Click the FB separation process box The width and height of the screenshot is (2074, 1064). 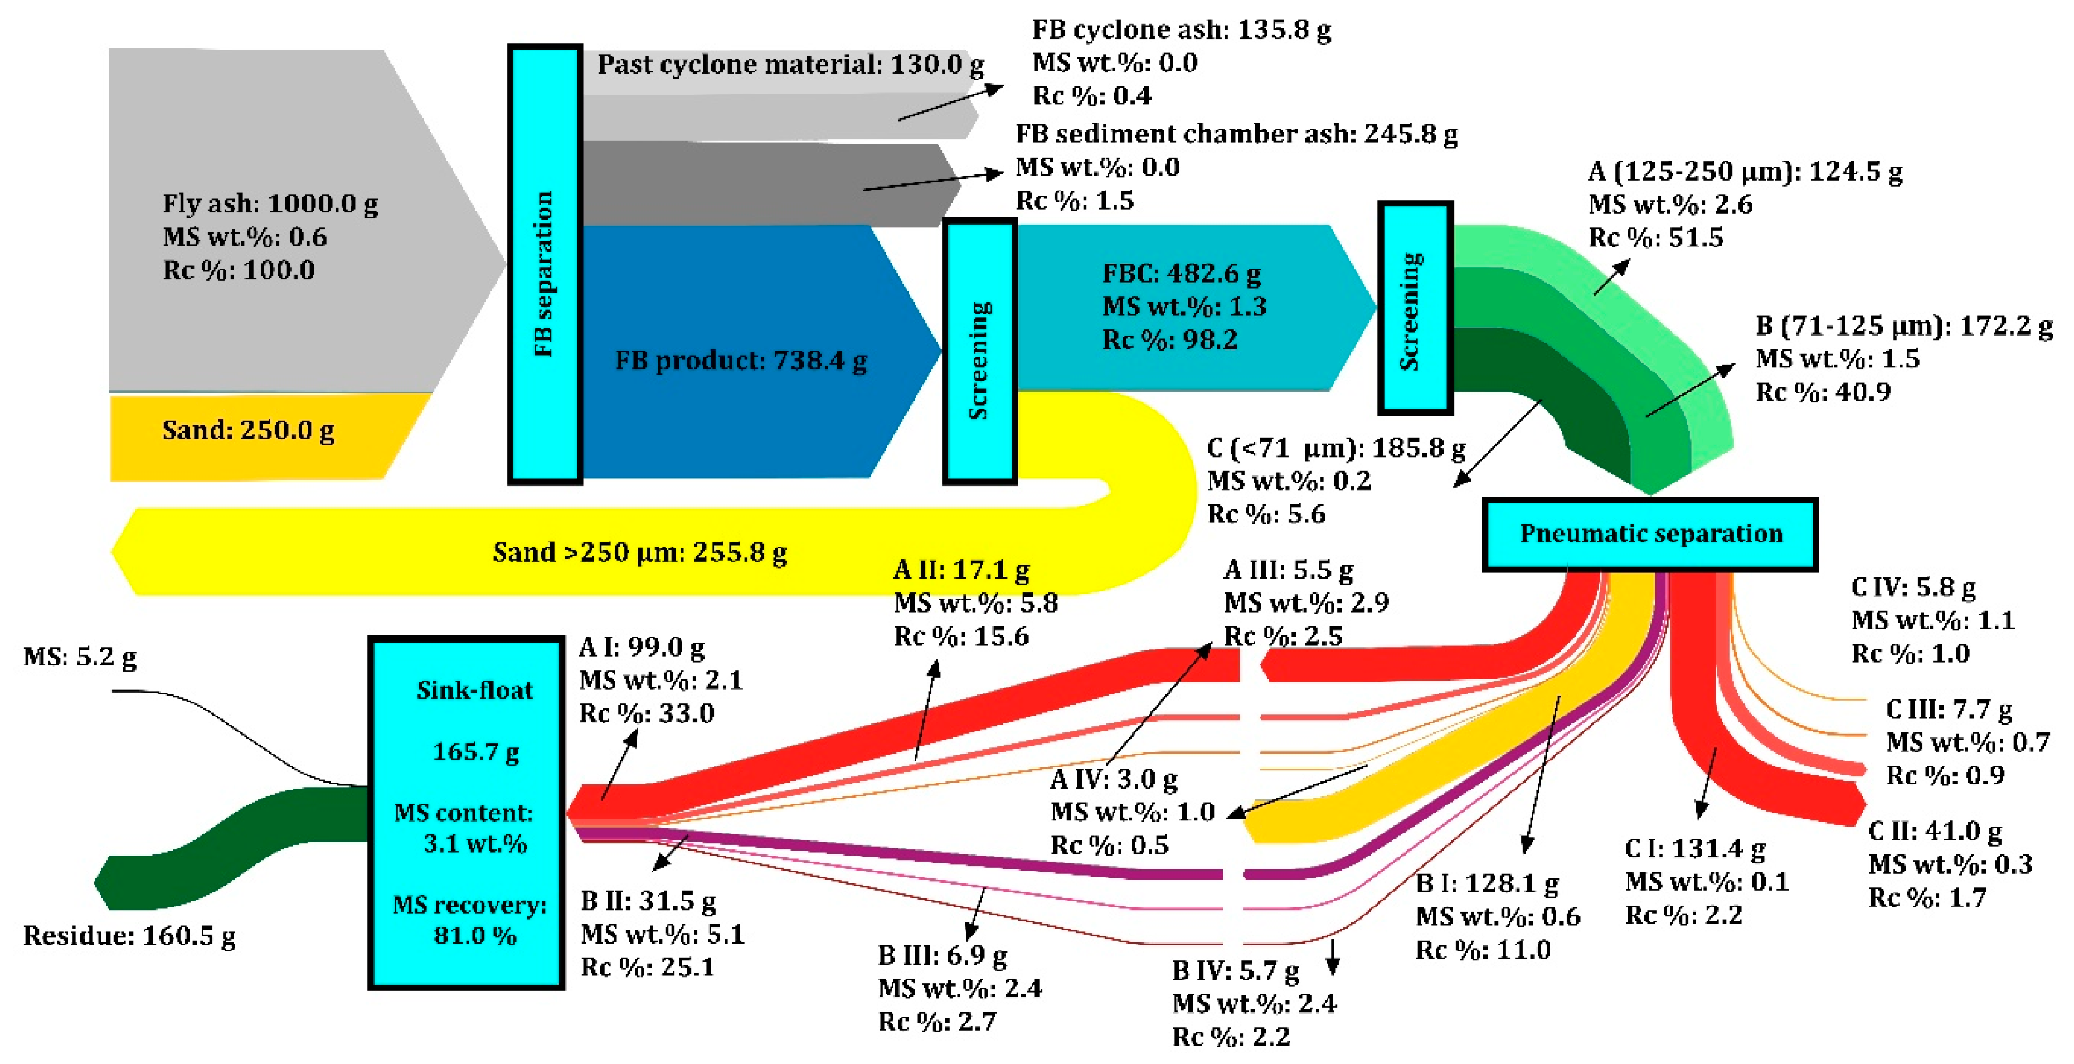544,264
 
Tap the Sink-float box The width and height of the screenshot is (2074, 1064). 466,813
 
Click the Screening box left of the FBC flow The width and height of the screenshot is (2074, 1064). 979,352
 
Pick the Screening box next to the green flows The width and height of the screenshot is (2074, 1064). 1415,308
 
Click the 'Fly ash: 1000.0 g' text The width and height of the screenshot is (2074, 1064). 270,203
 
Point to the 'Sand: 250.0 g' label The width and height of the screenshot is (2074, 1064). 248,431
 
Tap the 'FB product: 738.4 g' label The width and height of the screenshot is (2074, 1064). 741,361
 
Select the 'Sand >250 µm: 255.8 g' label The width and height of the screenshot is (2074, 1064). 639,553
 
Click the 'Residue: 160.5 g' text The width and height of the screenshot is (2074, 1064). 129,936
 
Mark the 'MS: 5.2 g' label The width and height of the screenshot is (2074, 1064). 79,657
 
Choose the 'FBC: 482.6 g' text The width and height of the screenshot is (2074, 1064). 1181,274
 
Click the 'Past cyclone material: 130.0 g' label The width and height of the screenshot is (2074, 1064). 790,65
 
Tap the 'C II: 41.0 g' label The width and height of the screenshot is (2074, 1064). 1935,830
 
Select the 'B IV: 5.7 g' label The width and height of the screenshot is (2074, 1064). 1235,971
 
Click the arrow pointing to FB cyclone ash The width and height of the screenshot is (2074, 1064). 950,102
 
